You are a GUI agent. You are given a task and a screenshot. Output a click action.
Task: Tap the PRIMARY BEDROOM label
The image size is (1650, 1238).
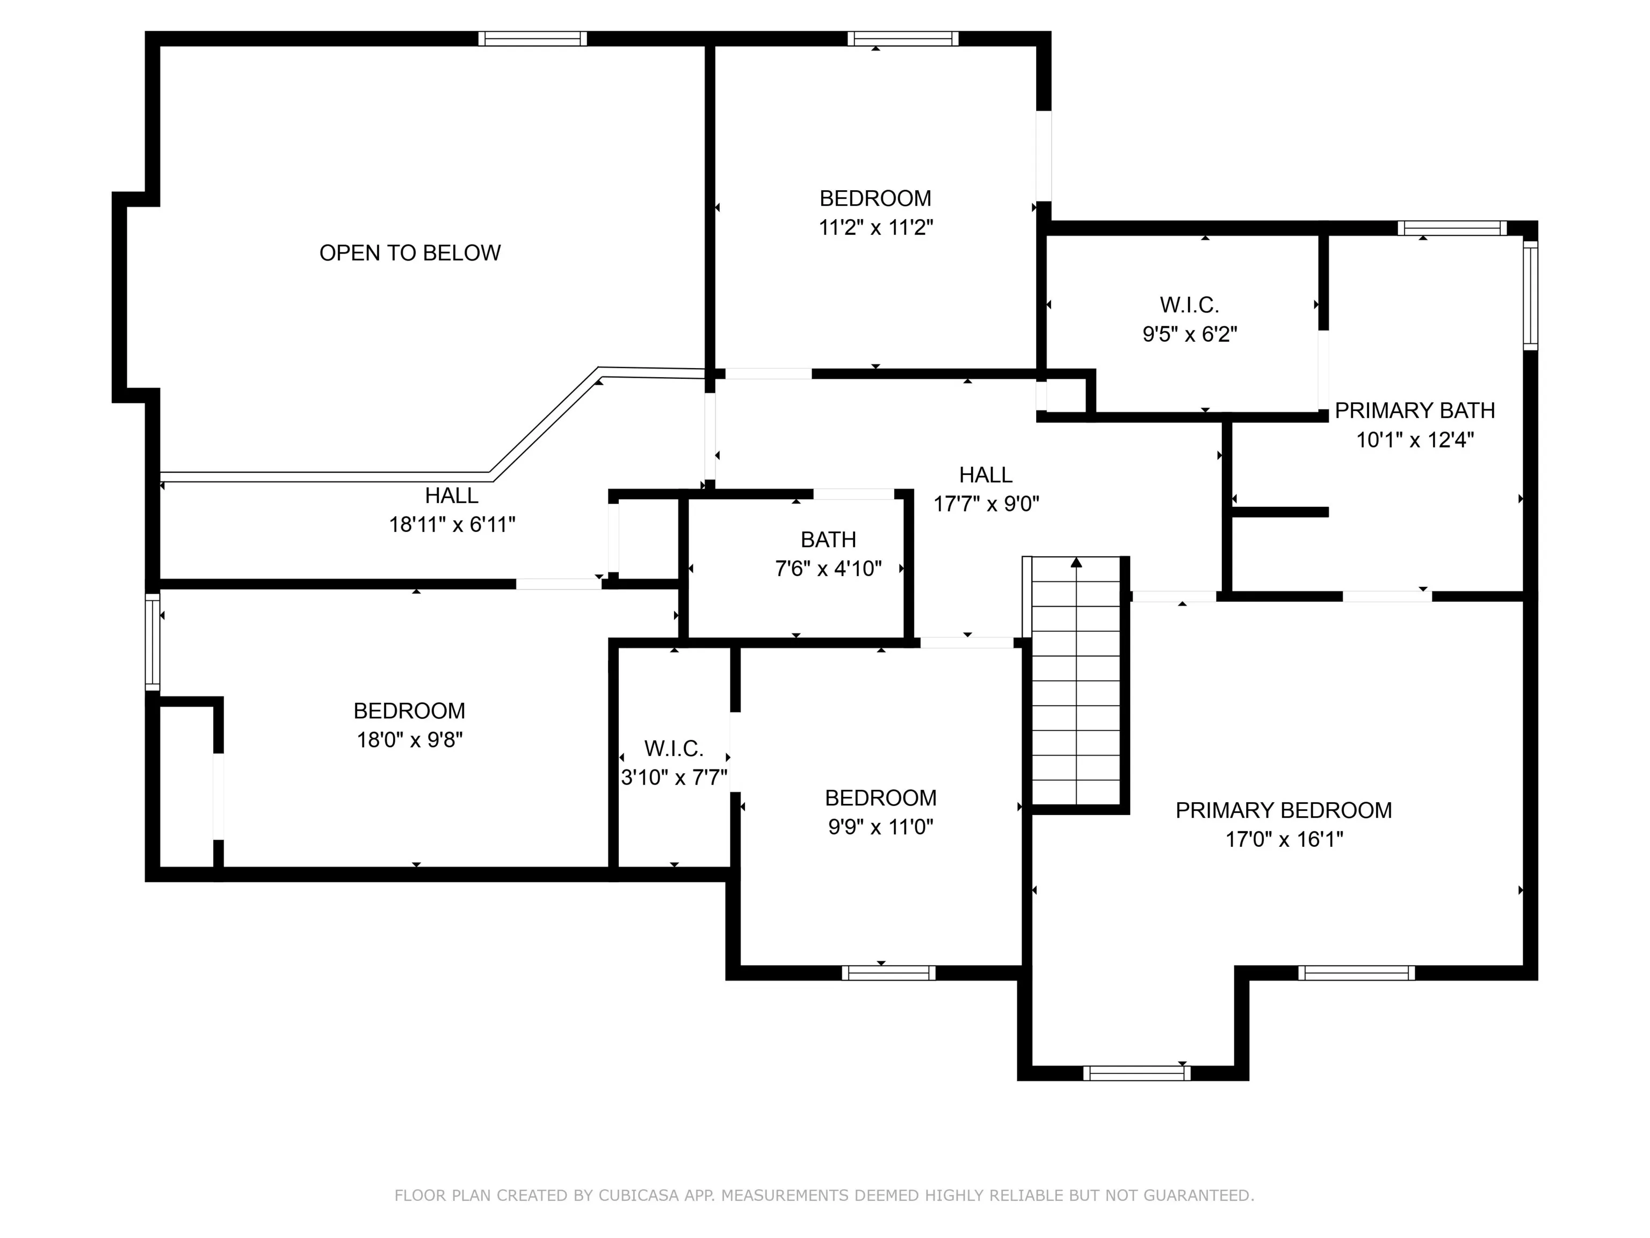coord(1283,810)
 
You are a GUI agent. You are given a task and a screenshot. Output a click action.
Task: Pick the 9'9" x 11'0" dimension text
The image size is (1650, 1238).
coord(880,827)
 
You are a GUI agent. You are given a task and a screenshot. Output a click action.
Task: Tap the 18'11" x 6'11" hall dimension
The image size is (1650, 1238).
coord(452,524)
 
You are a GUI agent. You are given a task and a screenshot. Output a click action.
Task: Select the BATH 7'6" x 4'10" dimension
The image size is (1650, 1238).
coord(828,568)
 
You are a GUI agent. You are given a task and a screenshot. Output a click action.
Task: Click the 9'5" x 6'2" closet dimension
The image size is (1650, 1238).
coord(1190,334)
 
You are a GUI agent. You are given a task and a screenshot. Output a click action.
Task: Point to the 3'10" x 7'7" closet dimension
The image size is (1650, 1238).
coord(674,778)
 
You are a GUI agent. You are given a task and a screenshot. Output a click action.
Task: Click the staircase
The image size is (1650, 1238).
coord(1076,681)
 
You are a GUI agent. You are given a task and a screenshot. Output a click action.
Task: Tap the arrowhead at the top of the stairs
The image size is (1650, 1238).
coord(1076,562)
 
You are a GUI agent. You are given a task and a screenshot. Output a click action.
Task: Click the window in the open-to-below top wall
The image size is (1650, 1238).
coord(533,39)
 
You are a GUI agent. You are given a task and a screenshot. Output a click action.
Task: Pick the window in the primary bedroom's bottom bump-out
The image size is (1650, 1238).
coord(1137,1073)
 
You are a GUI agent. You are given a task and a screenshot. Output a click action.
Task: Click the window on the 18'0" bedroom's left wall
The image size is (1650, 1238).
coord(152,642)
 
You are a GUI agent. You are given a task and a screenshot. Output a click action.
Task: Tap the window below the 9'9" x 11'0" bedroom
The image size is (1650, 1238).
coord(888,973)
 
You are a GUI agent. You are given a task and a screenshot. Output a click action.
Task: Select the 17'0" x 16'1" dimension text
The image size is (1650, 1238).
coord(1284,839)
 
